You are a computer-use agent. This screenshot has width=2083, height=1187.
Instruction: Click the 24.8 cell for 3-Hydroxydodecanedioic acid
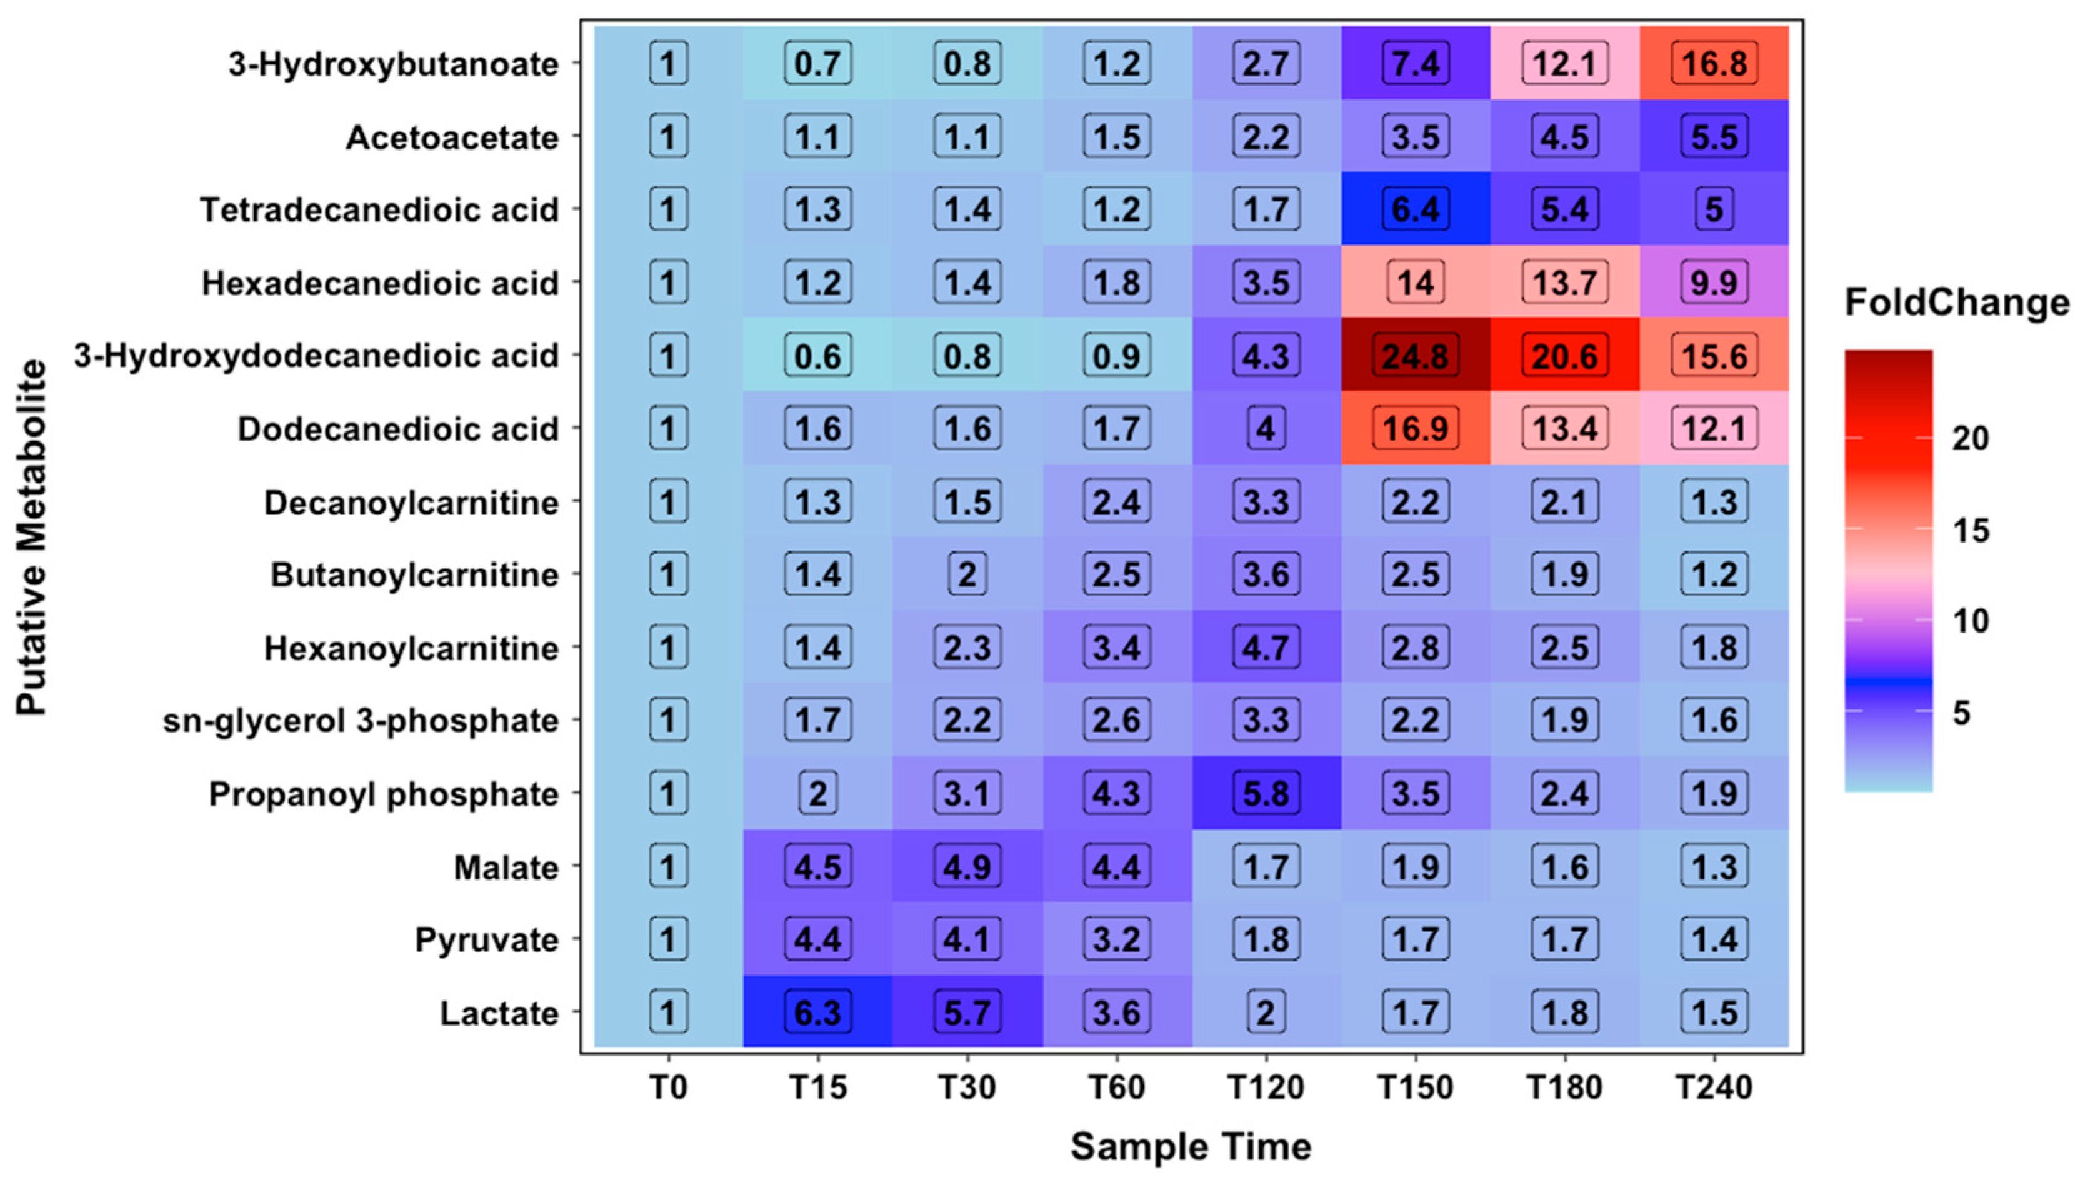1415,356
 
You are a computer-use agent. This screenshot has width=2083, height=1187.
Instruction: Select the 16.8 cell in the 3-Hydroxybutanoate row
1714,64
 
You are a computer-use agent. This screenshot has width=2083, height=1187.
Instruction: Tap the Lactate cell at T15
817,1013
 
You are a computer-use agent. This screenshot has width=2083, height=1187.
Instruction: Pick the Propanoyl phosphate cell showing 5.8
1266,793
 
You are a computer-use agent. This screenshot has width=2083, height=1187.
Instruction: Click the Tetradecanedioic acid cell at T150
1415,209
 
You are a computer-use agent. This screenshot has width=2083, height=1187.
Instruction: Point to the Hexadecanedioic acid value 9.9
1714,283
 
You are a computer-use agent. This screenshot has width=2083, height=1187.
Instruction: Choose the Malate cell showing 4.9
967,866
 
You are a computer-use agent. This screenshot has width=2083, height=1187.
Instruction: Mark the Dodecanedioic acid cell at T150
1415,429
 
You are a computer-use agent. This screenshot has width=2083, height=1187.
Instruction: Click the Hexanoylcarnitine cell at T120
1266,648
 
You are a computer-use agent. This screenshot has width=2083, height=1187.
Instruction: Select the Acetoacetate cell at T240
1714,137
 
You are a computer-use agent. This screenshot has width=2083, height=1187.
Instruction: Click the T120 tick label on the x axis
1266,1087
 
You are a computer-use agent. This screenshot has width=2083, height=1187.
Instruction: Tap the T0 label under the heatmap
667,1087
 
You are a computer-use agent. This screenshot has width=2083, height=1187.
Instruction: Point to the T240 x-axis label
1714,1087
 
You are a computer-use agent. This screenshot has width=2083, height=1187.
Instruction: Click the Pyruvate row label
486,940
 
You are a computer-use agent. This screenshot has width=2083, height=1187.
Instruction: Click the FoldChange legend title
1957,303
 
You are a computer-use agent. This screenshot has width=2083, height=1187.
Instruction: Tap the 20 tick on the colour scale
1970,439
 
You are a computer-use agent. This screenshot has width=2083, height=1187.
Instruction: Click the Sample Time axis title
1191,1146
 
